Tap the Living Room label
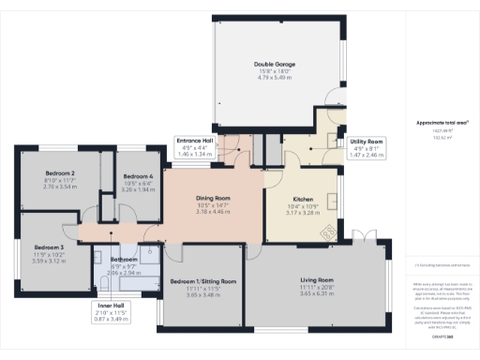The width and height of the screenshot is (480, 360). tap(317, 279)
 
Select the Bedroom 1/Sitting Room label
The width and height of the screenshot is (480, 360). tap(203, 280)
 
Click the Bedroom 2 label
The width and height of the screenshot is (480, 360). tap(60, 174)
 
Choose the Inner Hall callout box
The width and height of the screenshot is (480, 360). tap(111, 313)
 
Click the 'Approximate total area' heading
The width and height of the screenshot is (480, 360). tap(437, 123)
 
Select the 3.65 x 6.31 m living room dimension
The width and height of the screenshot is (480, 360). tap(317, 293)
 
